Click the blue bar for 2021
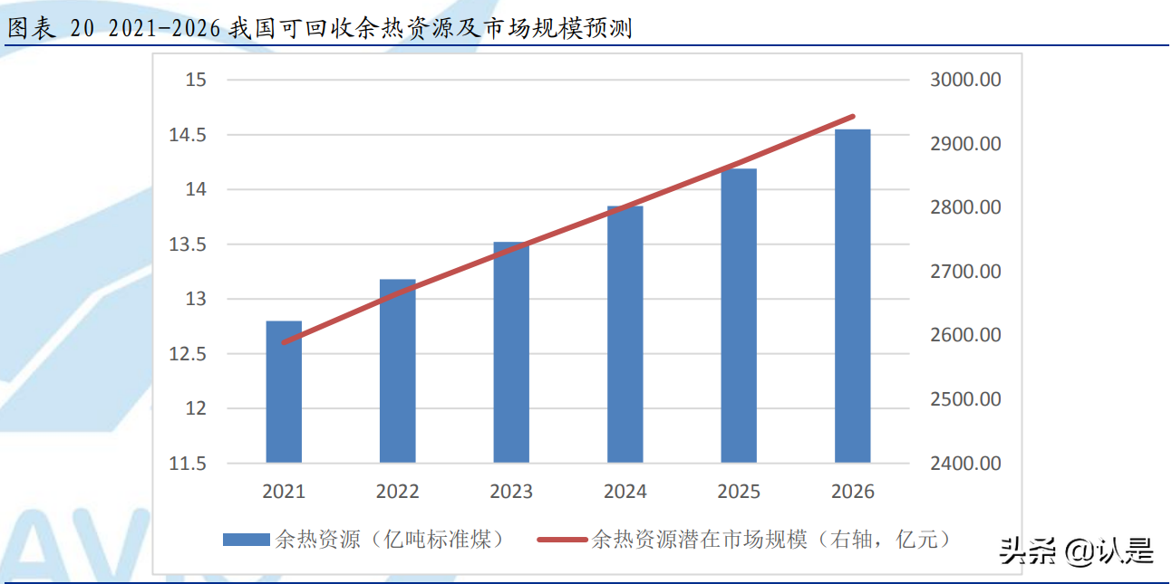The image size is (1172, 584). click(284, 392)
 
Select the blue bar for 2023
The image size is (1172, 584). click(511, 352)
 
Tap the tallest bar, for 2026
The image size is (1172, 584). click(852, 296)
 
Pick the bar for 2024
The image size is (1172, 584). click(625, 334)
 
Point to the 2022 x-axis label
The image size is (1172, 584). click(397, 492)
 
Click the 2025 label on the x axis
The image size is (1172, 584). click(739, 492)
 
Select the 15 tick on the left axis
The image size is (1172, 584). click(196, 80)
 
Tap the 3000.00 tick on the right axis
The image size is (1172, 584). click(965, 80)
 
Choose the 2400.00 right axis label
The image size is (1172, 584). click(965, 464)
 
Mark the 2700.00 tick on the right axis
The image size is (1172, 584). click(965, 272)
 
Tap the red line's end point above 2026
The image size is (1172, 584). click(853, 117)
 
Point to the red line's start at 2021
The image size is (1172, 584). click(284, 343)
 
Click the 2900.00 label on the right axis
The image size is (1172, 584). click(965, 144)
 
